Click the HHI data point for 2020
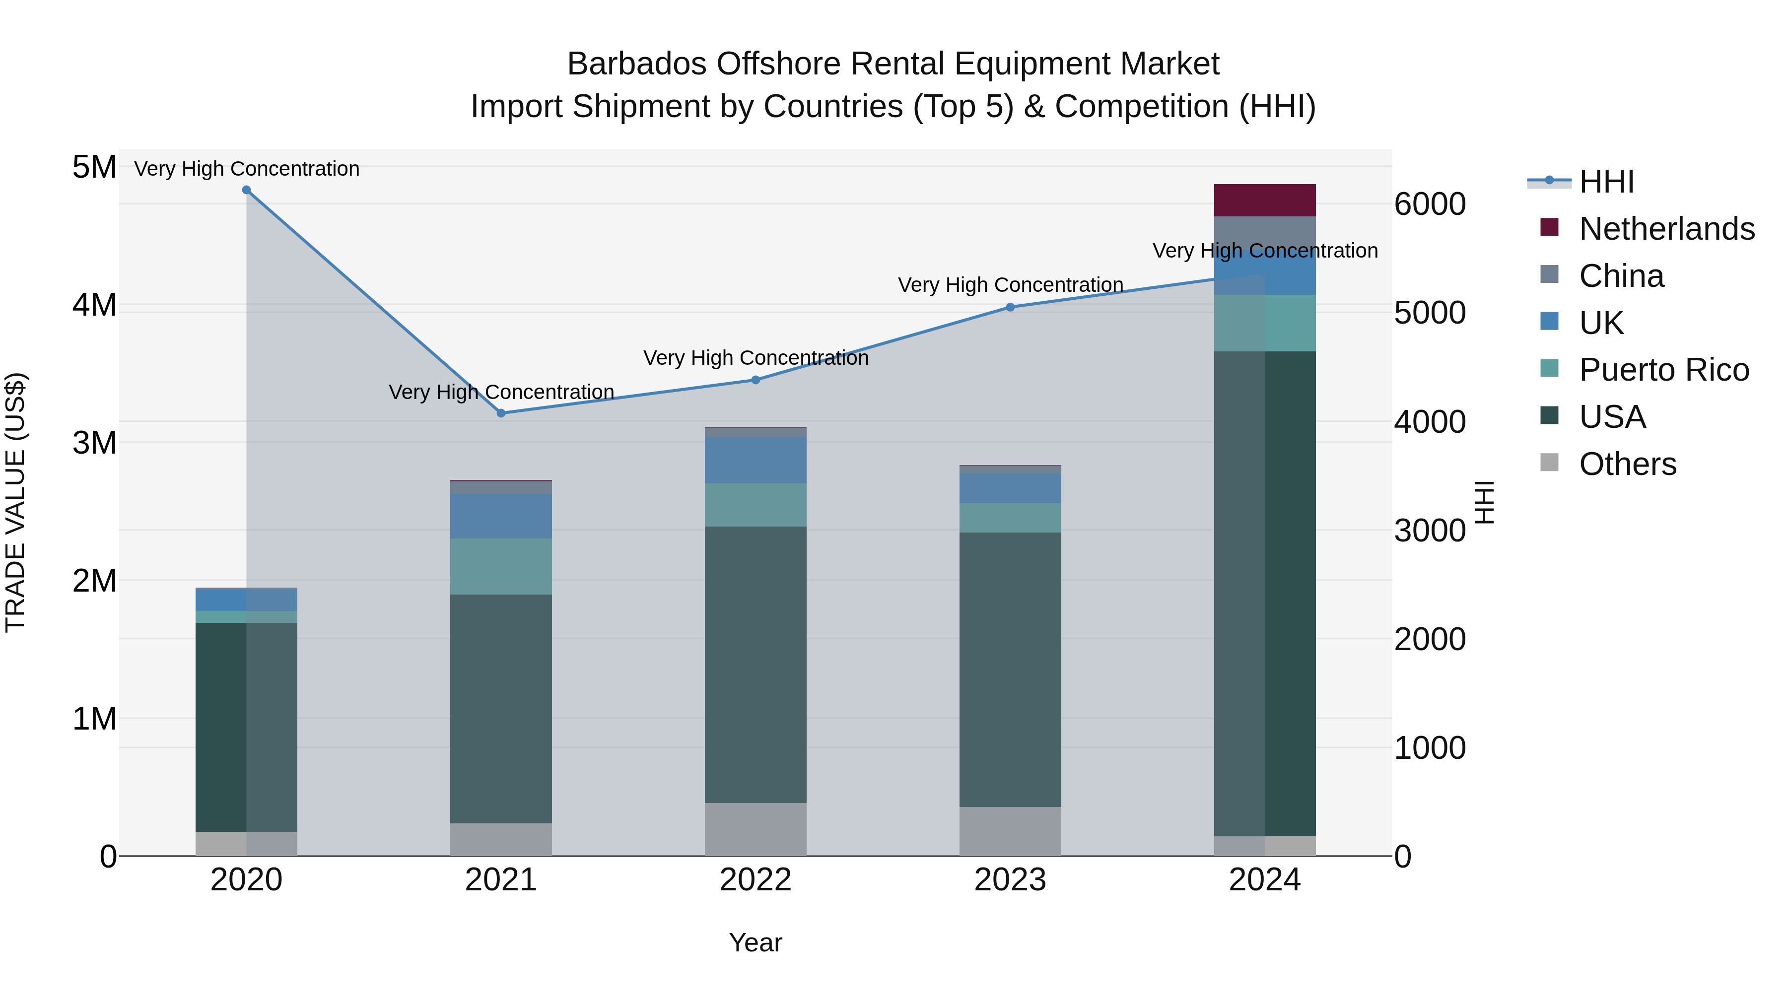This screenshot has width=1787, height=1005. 246,190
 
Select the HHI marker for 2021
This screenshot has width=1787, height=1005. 501,413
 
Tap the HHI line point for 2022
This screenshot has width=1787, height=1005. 756,380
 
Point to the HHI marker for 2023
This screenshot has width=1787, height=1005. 1010,307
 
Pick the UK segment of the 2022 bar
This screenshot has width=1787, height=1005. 756,460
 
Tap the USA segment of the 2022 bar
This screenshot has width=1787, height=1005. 756,665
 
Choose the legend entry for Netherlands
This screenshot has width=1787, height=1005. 1666,229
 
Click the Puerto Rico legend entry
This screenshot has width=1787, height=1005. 1663,370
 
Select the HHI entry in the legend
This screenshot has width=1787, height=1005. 1606,182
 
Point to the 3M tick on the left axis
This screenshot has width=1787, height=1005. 94,443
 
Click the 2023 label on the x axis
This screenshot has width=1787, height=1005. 1010,880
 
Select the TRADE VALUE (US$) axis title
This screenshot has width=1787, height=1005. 15,502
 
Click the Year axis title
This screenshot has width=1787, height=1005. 756,942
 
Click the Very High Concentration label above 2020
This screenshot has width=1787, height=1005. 246,169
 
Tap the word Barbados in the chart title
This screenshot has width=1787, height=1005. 637,64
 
